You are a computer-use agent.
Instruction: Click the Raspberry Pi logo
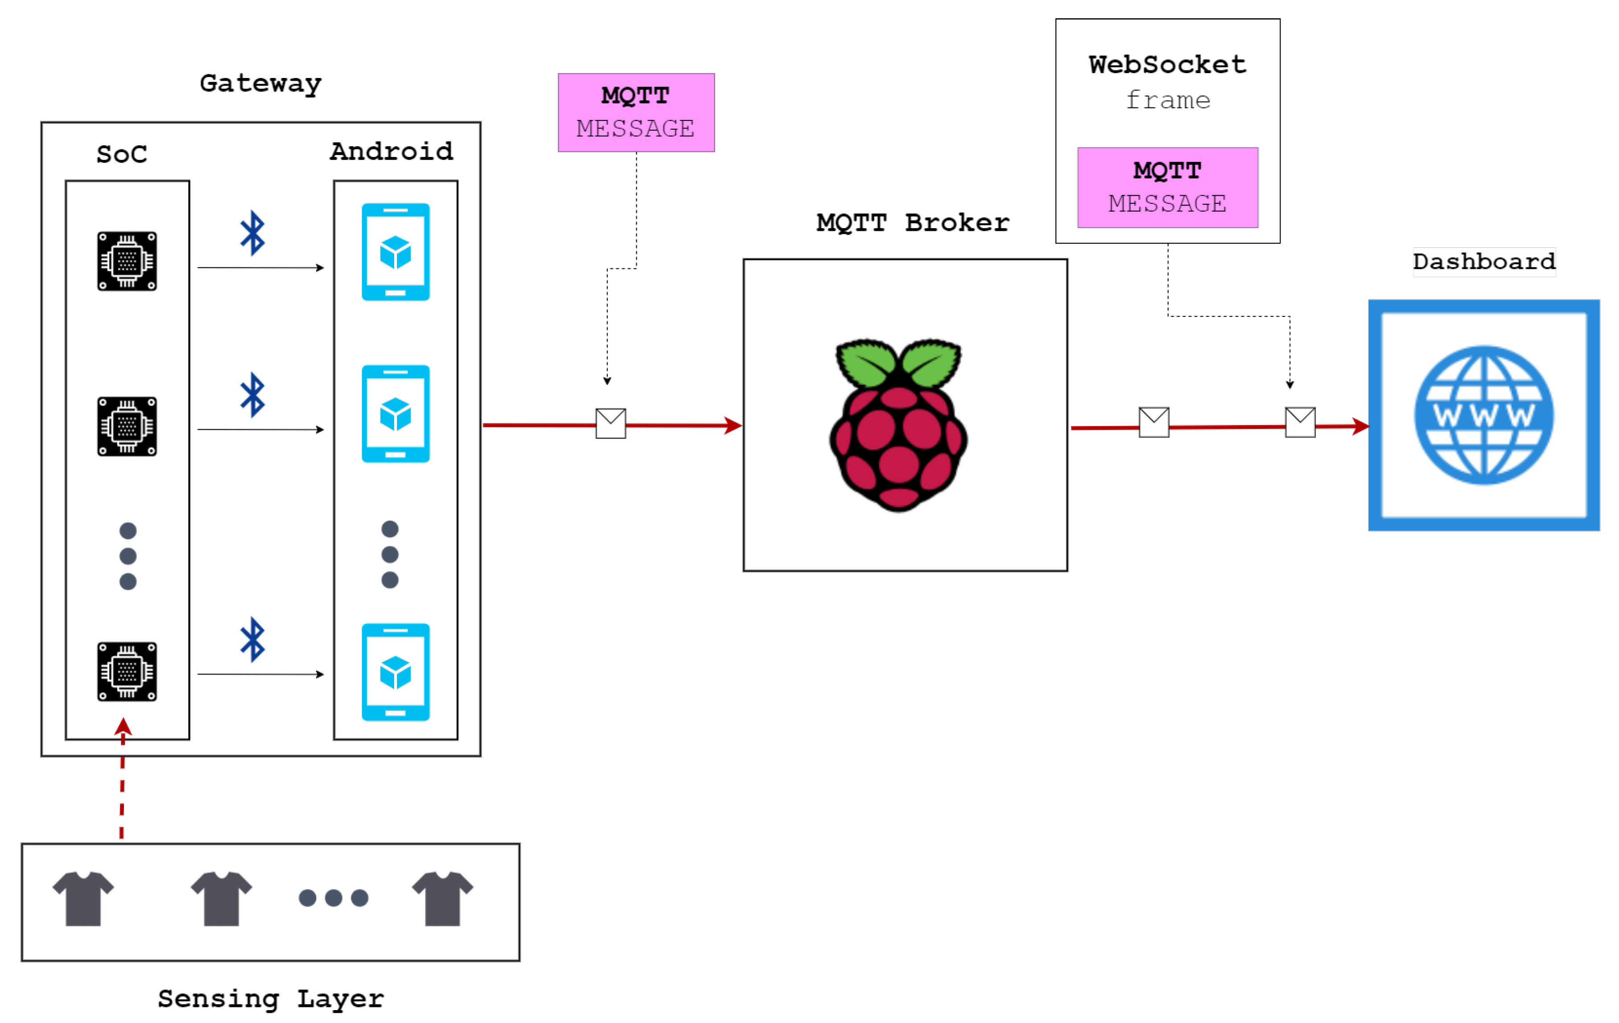(898, 425)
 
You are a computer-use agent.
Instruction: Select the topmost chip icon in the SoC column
(127, 262)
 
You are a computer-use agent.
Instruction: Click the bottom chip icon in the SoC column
(127, 671)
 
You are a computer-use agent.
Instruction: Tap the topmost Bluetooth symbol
(253, 233)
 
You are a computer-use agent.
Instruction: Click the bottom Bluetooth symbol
(253, 639)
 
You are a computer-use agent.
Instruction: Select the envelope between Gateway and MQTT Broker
(610, 423)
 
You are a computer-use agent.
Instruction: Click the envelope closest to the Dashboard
(1300, 422)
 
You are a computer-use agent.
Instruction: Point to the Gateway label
(261, 84)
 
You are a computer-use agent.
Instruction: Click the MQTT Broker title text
(912, 222)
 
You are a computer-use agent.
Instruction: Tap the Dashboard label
(1484, 262)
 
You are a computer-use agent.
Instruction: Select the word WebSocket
(1167, 65)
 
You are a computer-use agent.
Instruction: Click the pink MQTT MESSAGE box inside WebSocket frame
(1167, 188)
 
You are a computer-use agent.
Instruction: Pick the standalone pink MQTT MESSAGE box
(636, 112)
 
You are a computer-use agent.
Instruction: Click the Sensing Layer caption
(270, 999)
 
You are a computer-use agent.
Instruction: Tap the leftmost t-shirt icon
(83, 898)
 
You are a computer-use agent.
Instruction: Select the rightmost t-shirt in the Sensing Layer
(442, 898)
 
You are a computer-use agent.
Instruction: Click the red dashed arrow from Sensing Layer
(122, 786)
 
